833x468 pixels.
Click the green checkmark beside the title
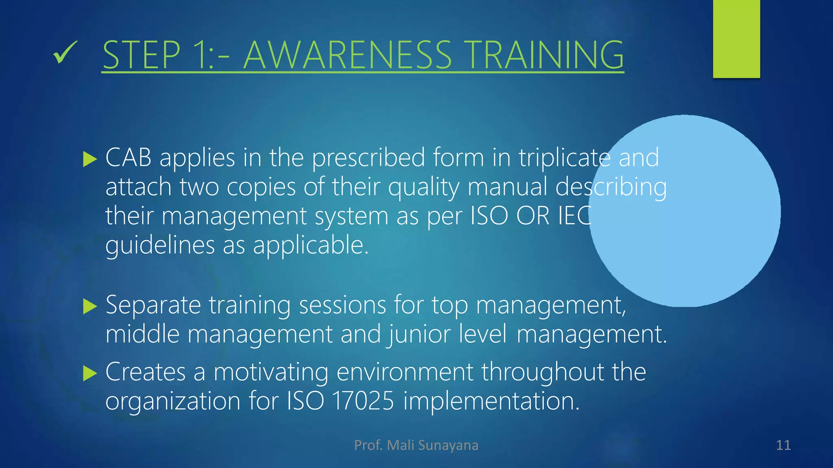point(65,53)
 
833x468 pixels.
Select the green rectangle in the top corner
point(736,39)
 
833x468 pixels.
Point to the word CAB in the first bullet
point(128,158)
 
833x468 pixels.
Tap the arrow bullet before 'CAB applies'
point(89,159)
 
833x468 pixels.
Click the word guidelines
point(160,246)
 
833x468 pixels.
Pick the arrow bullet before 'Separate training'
point(89,306)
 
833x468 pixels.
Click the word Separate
point(153,305)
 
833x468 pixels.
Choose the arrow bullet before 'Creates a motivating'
point(89,373)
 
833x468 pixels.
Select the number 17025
point(363,401)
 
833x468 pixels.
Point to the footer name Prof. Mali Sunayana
point(416,445)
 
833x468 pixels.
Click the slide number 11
point(783,445)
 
